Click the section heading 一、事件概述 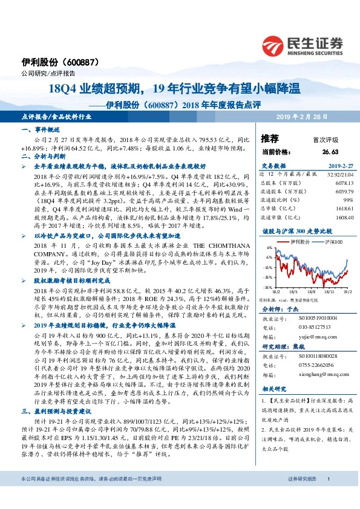[x=40, y=129]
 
